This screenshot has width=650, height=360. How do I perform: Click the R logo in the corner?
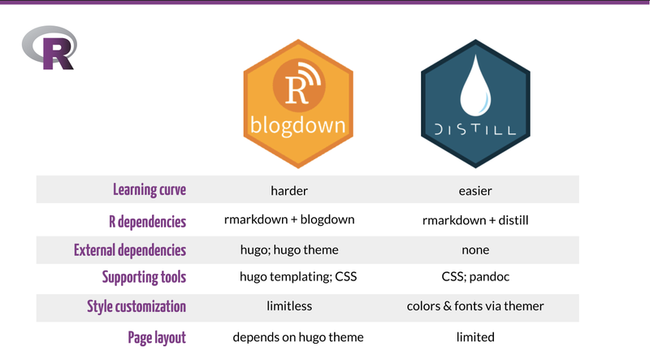pos(50,47)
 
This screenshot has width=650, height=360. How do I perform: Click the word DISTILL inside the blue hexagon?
pos(475,129)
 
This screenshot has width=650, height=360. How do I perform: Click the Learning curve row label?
pos(149,190)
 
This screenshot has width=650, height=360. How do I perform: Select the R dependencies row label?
pos(147,220)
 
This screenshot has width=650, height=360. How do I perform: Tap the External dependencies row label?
pos(130,249)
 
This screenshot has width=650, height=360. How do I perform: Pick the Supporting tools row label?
pos(144,278)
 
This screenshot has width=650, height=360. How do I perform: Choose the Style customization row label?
pos(136,307)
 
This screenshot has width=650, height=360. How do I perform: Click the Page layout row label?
pos(157,336)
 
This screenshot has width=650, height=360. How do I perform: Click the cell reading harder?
pos(289,191)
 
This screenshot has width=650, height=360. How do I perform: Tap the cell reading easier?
pos(475,191)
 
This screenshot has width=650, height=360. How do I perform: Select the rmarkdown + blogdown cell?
pos(289,219)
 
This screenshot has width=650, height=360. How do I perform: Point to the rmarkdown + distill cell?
pos(475,219)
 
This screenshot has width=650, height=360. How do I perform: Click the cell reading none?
pos(475,249)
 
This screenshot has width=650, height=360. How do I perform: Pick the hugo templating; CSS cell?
pos(298,278)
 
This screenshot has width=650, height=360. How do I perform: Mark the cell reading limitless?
pos(289,307)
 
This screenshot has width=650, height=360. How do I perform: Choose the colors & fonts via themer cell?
pos(475,307)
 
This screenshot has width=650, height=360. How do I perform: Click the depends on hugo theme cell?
pos(298,336)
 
